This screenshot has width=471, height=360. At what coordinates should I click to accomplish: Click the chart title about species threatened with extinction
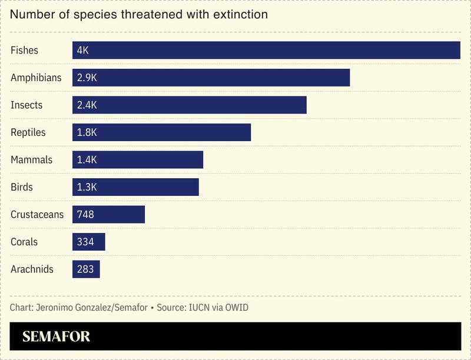pos(139,15)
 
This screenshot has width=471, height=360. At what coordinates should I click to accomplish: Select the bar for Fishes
pos(266,50)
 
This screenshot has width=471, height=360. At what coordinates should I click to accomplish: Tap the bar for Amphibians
pos(211,78)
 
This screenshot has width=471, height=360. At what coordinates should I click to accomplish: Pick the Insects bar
pos(189,105)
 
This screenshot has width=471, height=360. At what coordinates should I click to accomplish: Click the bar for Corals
pos(88,242)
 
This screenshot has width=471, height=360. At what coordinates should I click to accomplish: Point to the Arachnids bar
pos(86,269)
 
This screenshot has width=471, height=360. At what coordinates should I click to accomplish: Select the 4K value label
pos(82,51)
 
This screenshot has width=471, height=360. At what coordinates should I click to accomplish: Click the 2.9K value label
pos(87,78)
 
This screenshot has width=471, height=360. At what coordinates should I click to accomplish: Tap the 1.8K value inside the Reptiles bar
pos(87,132)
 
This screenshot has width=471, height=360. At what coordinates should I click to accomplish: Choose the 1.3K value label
pos(87,187)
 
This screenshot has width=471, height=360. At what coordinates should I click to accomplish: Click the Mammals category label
pos(31,160)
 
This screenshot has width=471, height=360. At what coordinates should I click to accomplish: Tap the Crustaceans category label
pos(37,215)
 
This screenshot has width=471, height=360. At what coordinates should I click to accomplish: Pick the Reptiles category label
pos(28,132)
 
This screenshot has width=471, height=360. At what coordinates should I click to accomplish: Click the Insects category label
pos(26,105)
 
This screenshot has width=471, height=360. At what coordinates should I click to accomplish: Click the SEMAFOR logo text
pos(56,337)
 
